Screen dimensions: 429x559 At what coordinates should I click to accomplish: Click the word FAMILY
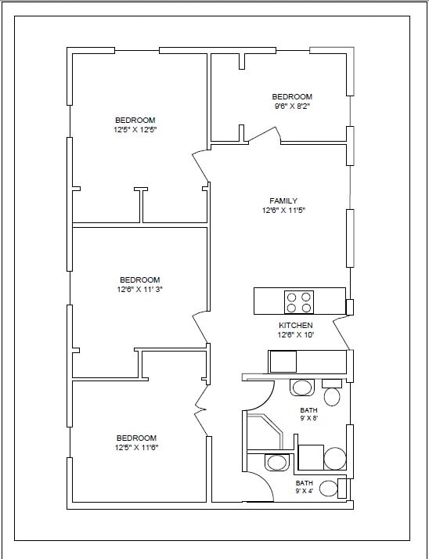[x=283, y=201]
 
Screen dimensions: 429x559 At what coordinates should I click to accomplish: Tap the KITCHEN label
[x=296, y=326]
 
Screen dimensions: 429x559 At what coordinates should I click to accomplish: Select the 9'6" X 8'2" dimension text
[x=292, y=106]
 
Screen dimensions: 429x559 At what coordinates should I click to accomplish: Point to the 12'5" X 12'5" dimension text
[x=135, y=130]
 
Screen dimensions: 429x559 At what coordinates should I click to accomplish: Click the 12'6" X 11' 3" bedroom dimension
[x=140, y=290]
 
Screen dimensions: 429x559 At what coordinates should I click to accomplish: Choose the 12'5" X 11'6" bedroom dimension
[x=136, y=448]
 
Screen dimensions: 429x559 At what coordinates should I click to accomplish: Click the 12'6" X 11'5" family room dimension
[x=284, y=211]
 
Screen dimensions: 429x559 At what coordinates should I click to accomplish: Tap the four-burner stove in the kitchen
[x=299, y=302]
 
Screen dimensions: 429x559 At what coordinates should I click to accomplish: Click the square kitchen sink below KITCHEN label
[x=283, y=362]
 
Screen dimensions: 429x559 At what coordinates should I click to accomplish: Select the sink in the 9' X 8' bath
[x=302, y=388]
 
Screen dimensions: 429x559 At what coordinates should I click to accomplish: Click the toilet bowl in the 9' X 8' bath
[x=332, y=397]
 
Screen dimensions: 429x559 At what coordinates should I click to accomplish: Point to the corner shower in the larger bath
[x=265, y=432]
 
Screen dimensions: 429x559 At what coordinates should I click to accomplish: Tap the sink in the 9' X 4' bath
[x=276, y=463]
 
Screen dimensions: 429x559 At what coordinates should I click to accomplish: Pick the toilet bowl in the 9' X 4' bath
[x=329, y=489]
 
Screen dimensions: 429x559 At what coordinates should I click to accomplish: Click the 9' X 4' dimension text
[x=305, y=491]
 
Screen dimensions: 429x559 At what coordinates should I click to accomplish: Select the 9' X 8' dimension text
[x=308, y=419]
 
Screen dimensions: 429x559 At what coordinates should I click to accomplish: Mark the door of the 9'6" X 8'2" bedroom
[x=265, y=135]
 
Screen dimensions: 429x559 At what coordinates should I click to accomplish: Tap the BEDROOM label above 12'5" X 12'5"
[x=135, y=121]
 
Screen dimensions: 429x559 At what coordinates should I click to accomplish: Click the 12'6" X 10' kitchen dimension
[x=296, y=335]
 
